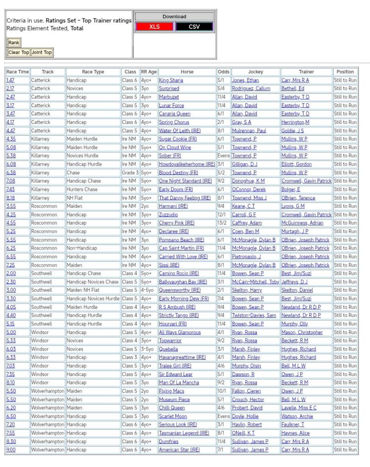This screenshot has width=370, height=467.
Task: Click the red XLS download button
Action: tap(155, 27)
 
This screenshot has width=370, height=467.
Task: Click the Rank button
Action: tap(14, 42)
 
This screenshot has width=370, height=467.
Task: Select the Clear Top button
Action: tap(19, 52)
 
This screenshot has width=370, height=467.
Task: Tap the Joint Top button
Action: tap(42, 52)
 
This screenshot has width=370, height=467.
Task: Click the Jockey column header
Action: tap(255, 72)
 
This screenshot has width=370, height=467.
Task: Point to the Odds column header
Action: tap(223, 72)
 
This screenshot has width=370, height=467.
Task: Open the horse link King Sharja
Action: tap(171, 80)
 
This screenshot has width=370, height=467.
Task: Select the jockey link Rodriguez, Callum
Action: tap(251, 89)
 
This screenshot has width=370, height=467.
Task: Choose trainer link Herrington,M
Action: tap(295, 122)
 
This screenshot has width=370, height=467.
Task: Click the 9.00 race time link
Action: tap(11, 450)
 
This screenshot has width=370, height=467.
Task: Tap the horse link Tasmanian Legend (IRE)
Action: tap(184, 433)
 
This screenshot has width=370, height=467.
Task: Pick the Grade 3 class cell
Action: tap(130, 173)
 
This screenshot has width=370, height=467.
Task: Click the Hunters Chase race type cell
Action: tap(82, 189)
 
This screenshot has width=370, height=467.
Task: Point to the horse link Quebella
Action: tap(169, 349)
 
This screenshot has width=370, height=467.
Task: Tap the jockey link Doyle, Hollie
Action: tap(245, 416)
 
